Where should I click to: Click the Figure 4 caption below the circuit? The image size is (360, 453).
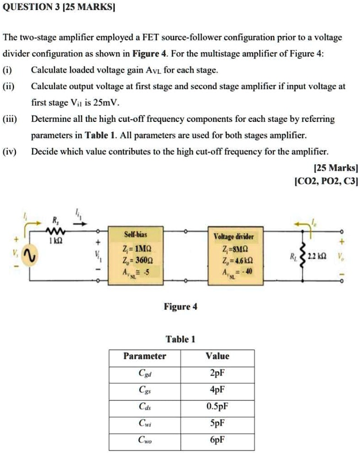(180, 306)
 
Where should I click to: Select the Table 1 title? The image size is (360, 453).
(180, 339)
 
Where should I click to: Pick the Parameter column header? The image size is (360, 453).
(145, 356)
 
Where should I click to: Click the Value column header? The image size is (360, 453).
(217, 356)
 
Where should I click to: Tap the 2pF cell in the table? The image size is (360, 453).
(217, 373)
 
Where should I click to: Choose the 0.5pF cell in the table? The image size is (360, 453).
(217, 407)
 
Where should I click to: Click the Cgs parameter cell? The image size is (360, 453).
(145, 390)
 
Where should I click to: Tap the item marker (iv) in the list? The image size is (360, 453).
(11, 152)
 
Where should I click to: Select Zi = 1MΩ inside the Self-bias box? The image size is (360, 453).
(135, 250)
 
